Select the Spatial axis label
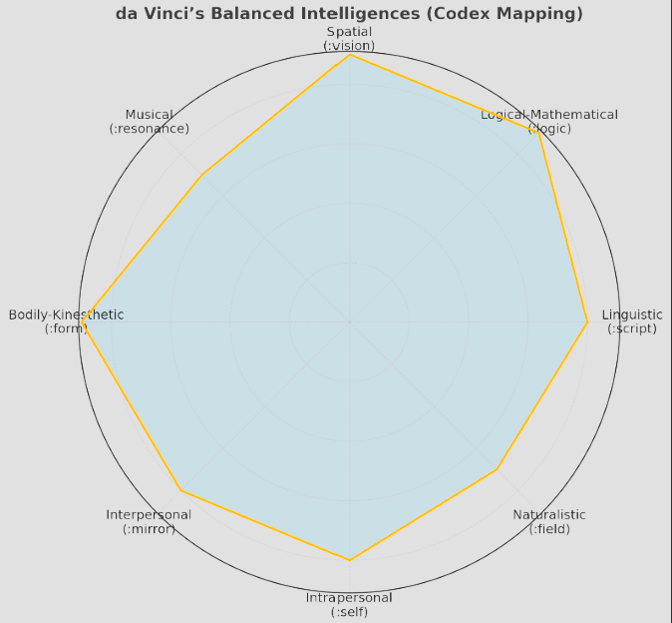pos(349,32)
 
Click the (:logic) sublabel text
pos(548,129)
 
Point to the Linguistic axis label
pos(632,314)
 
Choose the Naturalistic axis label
pos(549,514)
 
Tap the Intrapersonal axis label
pos(349,598)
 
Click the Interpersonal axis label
pos(149,514)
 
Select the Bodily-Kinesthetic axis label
pos(66,314)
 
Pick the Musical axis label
pos(149,115)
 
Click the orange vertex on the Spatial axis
pos(349,55)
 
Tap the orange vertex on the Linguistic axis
pos(587,322)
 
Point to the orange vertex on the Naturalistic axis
pos(496,469)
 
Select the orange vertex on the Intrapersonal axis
pos(349,560)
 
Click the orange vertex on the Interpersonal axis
pos(180,491)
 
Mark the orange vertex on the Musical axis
pos(202,176)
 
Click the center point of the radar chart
pos(349,322)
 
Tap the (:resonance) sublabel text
pos(149,129)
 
